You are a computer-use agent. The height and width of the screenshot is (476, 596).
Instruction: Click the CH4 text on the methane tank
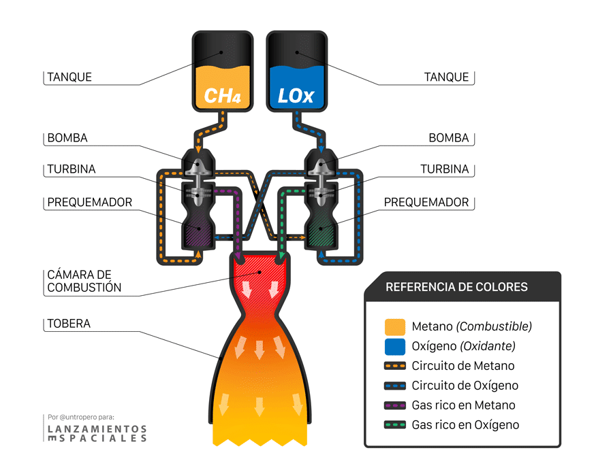click(x=223, y=95)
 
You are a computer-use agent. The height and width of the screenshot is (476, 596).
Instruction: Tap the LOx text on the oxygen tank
click(x=296, y=95)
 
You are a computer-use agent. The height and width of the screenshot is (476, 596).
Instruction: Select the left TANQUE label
click(x=69, y=77)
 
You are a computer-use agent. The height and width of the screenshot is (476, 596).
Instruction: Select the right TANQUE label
click(x=446, y=77)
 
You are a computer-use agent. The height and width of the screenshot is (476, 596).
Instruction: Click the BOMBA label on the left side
click(x=67, y=138)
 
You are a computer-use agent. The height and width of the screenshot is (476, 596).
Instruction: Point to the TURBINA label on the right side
click(x=444, y=169)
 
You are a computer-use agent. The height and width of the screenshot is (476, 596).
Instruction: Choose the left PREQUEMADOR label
click(x=90, y=203)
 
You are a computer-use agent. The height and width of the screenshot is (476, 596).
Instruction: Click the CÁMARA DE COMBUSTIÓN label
click(x=84, y=281)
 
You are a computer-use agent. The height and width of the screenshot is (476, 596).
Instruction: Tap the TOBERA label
click(x=69, y=324)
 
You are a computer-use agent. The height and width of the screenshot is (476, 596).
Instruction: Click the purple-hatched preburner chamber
click(x=198, y=231)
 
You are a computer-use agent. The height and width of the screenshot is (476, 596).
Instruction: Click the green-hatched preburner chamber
click(x=321, y=231)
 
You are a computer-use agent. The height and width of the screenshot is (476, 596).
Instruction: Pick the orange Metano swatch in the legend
click(x=395, y=326)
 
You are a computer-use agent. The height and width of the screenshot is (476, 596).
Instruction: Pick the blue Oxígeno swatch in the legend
click(x=395, y=346)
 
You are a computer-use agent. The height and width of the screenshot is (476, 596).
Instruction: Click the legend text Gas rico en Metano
click(x=463, y=405)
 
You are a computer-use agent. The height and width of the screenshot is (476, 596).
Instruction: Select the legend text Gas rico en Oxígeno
click(x=465, y=425)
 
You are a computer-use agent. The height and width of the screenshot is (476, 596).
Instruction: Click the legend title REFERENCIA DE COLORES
click(x=456, y=287)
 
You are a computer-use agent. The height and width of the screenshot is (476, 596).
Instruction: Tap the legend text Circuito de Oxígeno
click(x=465, y=386)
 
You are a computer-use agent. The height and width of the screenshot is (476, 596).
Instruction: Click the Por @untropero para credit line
click(x=81, y=417)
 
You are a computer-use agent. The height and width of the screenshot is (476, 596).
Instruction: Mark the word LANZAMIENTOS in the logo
click(x=97, y=429)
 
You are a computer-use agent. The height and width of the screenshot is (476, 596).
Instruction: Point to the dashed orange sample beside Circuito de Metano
click(x=395, y=366)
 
